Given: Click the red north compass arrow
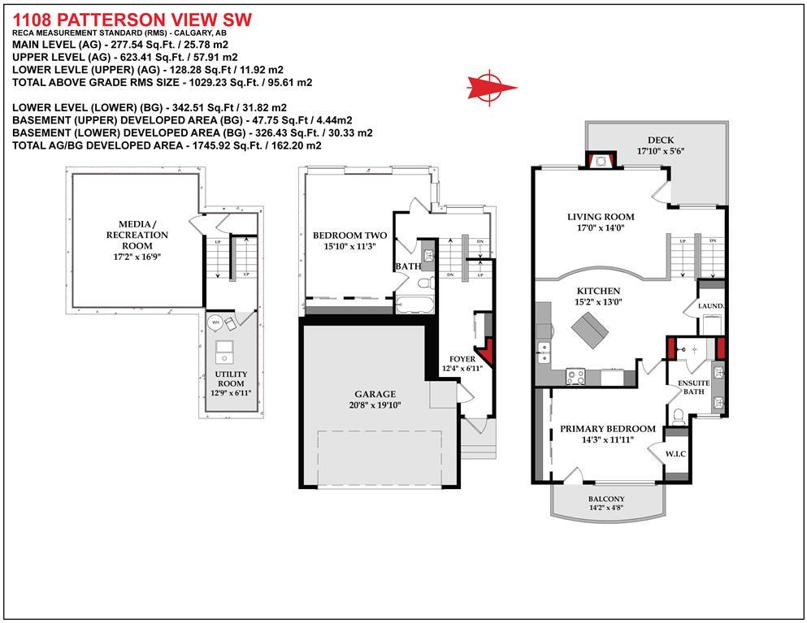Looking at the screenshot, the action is click(491, 87).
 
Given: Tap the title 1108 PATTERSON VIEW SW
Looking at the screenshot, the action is click(132, 20).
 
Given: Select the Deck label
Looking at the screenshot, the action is click(661, 140).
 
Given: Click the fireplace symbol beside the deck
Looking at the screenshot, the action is click(601, 161).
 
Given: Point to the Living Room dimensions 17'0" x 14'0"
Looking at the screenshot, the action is click(601, 227).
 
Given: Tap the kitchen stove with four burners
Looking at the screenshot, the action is click(575, 377).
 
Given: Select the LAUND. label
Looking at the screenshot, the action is click(711, 306).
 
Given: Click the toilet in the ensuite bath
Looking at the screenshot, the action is click(679, 416).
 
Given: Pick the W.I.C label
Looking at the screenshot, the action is click(675, 454).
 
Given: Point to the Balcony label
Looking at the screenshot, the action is click(606, 499).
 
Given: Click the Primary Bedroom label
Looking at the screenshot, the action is click(608, 429).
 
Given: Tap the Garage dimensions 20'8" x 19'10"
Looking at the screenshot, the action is click(375, 405).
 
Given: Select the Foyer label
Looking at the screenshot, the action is click(462, 359).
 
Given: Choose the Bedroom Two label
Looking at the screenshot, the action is click(350, 236).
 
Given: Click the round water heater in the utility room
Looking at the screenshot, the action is click(215, 322).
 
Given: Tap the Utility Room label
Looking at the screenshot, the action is click(231, 379).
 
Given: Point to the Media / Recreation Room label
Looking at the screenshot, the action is click(137, 235).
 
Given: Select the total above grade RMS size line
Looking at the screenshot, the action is click(162, 82).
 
